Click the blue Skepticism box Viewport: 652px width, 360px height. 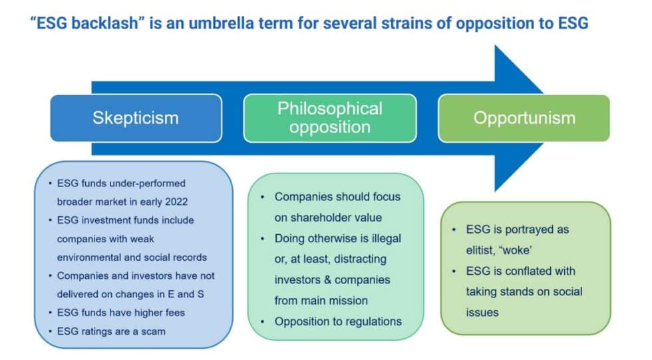pos(136,118)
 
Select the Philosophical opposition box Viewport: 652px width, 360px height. pos(329,118)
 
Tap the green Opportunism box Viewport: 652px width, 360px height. pos(524,118)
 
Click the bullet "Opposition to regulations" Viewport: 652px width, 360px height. pos(338,321)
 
